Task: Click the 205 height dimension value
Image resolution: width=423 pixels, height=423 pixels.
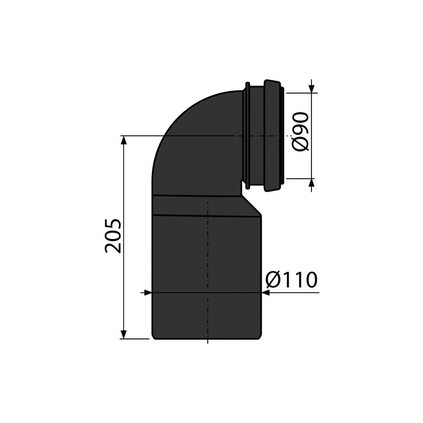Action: pos(113,236)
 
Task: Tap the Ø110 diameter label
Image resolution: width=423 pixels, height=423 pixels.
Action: pos(291,280)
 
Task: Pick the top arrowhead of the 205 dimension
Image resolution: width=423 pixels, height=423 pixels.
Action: pos(124,140)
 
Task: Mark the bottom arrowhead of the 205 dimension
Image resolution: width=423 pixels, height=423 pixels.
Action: pos(124,334)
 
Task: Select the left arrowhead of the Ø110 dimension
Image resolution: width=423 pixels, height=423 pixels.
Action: pos(148,292)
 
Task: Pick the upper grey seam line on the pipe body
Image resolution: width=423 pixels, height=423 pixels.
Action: pos(196,196)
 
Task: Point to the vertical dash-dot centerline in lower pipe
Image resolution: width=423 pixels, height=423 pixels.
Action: pos(208,264)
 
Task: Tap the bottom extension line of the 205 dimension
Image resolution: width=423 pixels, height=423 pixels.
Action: pos(135,339)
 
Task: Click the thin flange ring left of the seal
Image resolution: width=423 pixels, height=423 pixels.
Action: pos(247,135)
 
